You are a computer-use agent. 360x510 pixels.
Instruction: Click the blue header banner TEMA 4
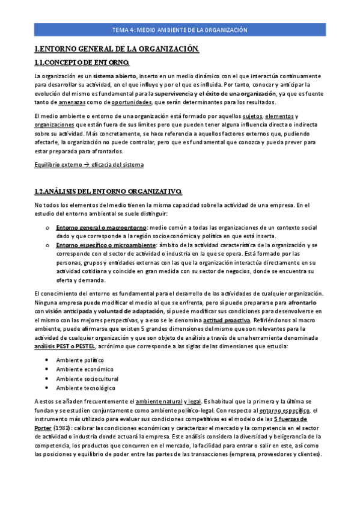pos(180,29)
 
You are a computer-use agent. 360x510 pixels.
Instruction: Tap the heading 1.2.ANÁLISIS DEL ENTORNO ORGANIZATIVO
pos(108,191)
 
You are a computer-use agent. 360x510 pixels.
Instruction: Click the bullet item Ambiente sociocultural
pos(87,379)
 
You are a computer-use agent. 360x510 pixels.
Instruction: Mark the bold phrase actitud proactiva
pos(227,322)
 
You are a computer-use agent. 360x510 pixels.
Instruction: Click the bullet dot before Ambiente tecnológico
pos(47,389)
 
